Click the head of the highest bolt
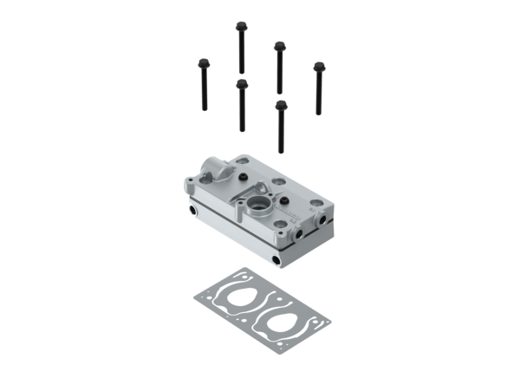(x=240, y=27)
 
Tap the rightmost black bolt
(x=318, y=87)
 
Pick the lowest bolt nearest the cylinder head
(x=281, y=126)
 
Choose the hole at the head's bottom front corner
(x=276, y=259)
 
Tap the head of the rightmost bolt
(x=318, y=66)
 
